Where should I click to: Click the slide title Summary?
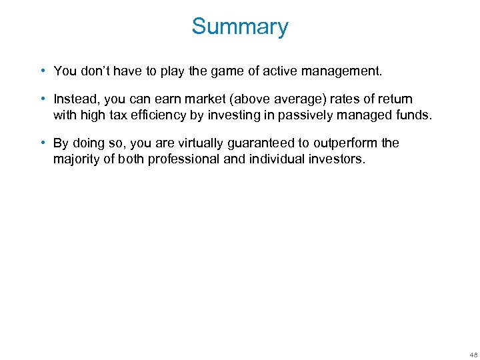tap(240, 27)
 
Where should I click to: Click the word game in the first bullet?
tap(203, 71)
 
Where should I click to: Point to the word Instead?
tap(75, 99)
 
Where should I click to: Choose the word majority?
tap(76, 159)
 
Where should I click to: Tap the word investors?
tap(337, 159)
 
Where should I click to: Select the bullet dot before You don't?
tap(42, 71)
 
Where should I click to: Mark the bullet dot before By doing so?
tap(42, 143)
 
